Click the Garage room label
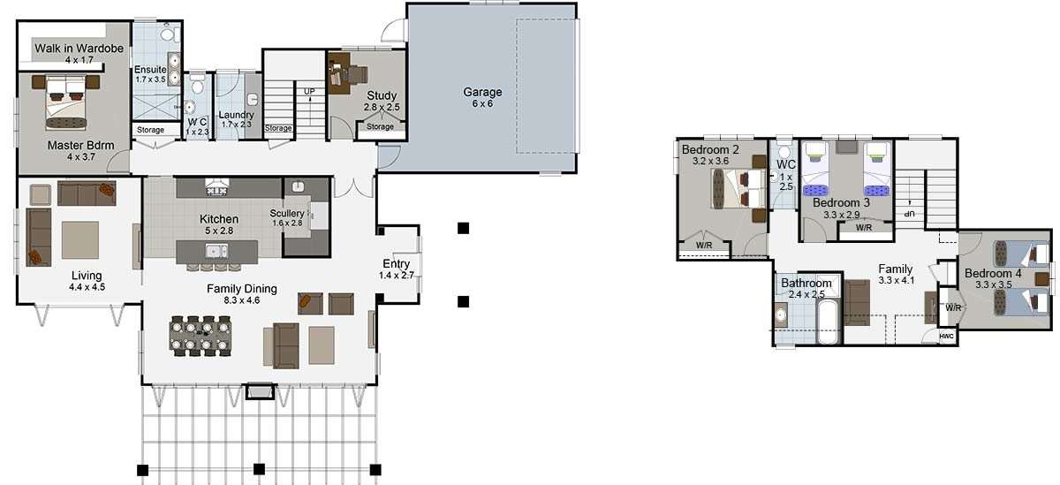[x=482, y=92]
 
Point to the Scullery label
[x=287, y=213]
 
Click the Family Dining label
[x=241, y=288]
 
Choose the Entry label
[x=396, y=264]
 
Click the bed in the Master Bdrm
[x=66, y=99]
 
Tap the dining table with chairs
[x=204, y=335]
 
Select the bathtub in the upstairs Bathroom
[x=828, y=322]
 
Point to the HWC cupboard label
[x=946, y=337]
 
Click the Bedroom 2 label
[x=710, y=149]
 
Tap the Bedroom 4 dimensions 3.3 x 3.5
[x=993, y=284]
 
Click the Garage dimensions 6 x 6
[x=482, y=103]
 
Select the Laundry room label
[x=236, y=115]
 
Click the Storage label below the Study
[x=380, y=127]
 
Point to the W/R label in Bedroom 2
[x=704, y=245]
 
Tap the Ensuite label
[x=150, y=70]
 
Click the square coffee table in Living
[x=80, y=239]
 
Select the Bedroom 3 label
[x=841, y=202]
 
